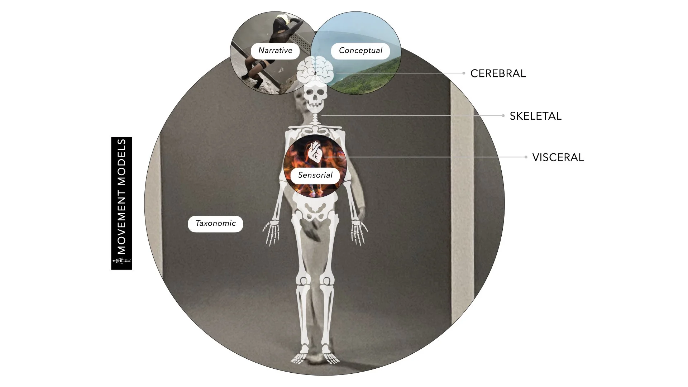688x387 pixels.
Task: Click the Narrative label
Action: pyautogui.click(x=275, y=51)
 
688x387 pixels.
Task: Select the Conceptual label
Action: pyautogui.click(x=360, y=51)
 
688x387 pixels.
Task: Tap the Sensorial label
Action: pyautogui.click(x=315, y=175)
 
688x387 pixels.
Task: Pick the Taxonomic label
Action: pyautogui.click(x=215, y=224)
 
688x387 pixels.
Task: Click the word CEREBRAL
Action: pyautogui.click(x=498, y=73)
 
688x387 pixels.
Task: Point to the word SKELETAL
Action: pyautogui.click(x=535, y=116)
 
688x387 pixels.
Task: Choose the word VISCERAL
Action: pyautogui.click(x=558, y=157)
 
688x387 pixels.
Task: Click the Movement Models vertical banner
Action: pyautogui.click(x=122, y=203)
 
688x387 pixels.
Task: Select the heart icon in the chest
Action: pyautogui.click(x=315, y=152)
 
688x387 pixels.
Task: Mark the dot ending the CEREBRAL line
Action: pyautogui.click(x=464, y=73)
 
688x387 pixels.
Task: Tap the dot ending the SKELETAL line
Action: pyautogui.click(x=503, y=116)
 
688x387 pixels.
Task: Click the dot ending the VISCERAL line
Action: pyautogui.click(x=526, y=157)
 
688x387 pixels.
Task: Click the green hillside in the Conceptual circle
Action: pyautogui.click(x=369, y=77)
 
